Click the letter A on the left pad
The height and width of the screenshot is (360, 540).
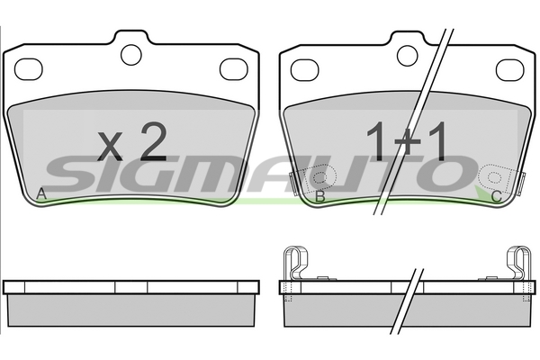click(x=41, y=194)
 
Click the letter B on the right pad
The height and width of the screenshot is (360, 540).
click(x=320, y=196)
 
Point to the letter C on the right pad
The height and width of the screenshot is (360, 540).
click(x=496, y=197)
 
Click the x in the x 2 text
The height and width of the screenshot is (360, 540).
click(x=110, y=147)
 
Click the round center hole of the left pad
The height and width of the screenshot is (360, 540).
click(x=131, y=55)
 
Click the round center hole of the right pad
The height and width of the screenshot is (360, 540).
click(x=408, y=55)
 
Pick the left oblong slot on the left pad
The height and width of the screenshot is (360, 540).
click(x=28, y=69)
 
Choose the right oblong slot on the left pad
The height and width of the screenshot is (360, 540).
click(x=234, y=69)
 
